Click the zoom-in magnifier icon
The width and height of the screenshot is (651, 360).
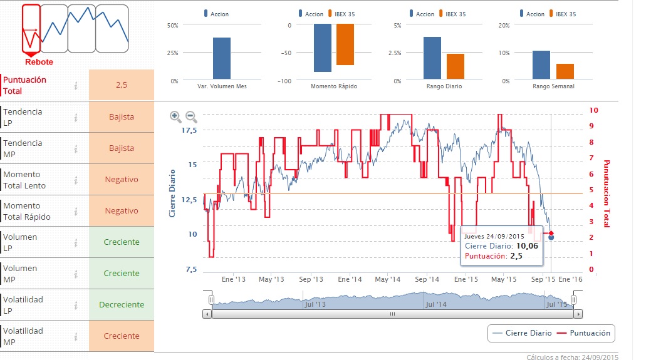pos(175,116)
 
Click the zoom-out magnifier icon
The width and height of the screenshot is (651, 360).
pos(192,116)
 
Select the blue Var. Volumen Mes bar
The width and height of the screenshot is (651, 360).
pos(221,59)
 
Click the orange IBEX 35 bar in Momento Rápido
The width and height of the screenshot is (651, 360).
pos(345,44)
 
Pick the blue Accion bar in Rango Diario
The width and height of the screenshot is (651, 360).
pos(432,58)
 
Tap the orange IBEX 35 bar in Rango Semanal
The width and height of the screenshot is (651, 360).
pos(565,72)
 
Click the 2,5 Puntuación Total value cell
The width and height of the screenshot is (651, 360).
pos(121,85)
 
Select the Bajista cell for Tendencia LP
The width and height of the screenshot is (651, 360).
pos(121,117)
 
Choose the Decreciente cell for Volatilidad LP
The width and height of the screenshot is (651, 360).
pos(121,305)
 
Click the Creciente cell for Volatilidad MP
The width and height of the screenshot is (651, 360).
pos(121,336)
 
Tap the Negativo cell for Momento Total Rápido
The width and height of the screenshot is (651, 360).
pos(121,211)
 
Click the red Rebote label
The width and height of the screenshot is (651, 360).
pos(39,62)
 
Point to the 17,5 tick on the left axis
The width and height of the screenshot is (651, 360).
pos(189,130)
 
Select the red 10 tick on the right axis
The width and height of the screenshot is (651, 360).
pos(593,110)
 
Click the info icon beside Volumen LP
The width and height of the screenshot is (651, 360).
pos(76,242)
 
